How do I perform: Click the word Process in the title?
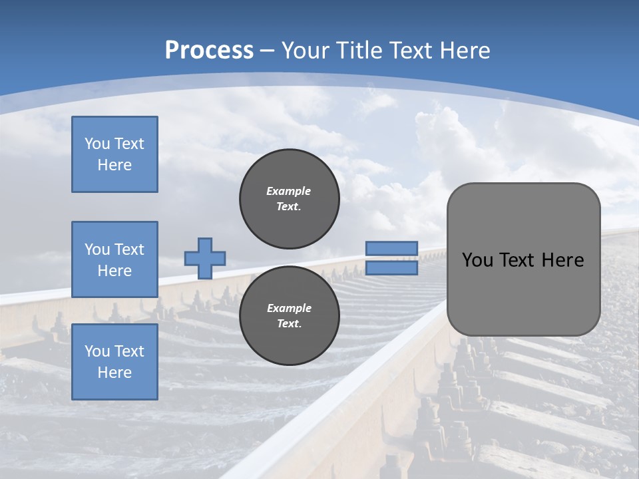(209, 50)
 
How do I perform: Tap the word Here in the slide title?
(464, 50)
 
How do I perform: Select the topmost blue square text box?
(114, 154)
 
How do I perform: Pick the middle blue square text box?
(114, 259)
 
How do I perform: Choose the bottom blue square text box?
(114, 361)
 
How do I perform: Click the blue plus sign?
(205, 258)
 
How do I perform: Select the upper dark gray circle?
(289, 198)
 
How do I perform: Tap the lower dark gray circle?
(289, 315)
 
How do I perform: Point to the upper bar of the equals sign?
(391, 248)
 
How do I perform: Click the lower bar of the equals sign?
(391, 267)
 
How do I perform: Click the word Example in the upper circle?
(289, 191)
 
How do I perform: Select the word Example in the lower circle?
(289, 308)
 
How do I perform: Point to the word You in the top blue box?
(97, 144)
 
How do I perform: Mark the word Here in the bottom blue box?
(114, 373)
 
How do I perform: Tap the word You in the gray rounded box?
(477, 260)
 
